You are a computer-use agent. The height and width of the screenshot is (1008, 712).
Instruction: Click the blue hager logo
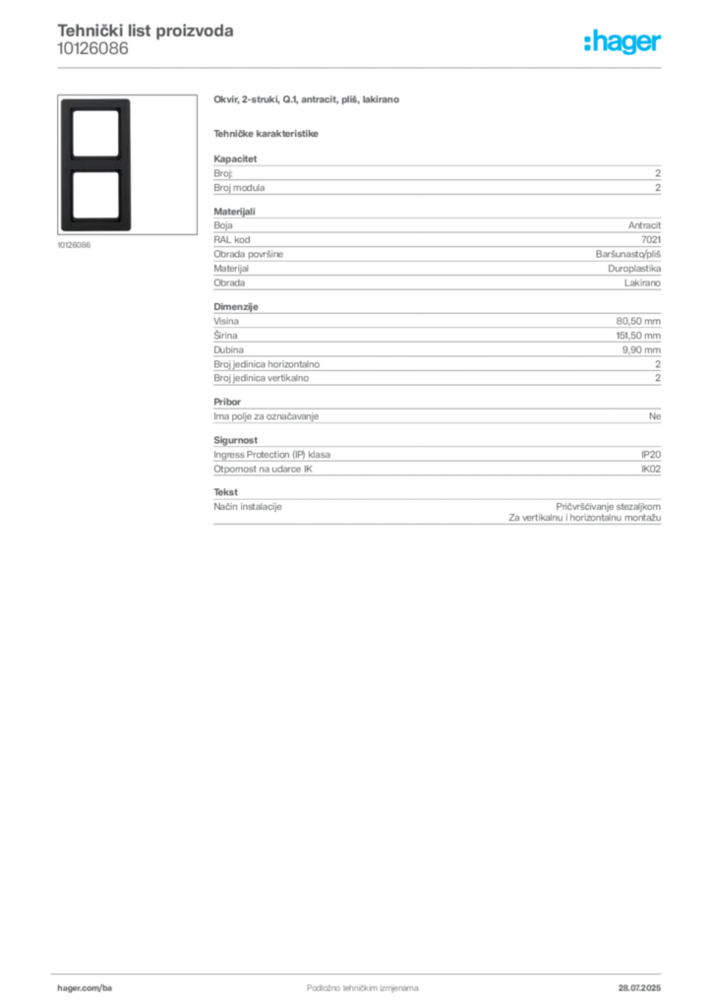tap(624, 42)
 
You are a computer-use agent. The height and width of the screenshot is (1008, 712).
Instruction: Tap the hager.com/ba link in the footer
tap(109, 987)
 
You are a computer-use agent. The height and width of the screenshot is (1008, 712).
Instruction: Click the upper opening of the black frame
tap(95, 131)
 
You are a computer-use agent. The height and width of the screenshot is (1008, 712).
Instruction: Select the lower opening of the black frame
tap(95, 197)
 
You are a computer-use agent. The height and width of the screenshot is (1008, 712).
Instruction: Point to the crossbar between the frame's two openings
tap(95, 163)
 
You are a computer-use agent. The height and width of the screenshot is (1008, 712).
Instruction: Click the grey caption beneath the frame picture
tap(75, 245)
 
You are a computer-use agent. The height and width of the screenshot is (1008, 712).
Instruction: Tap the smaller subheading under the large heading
tap(267, 134)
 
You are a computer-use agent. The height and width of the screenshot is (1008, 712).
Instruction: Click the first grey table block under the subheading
tap(436, 177)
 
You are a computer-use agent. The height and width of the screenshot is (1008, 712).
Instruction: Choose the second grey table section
tap(436, 251)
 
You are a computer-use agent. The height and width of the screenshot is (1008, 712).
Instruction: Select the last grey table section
tap(436, 482)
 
